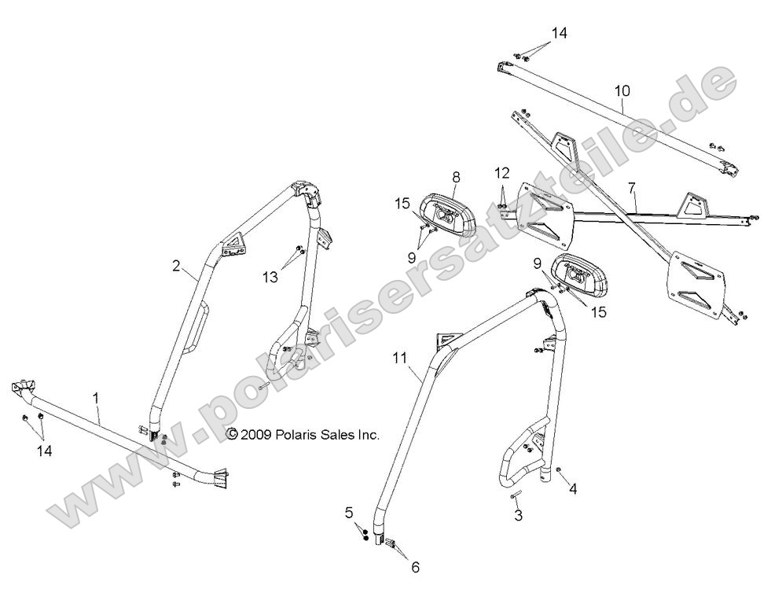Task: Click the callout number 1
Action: click(x=97, y=399)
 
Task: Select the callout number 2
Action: click(x=177, y=266)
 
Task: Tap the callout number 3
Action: click(x=518, y=515)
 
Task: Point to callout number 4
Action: click(x=574, y=489)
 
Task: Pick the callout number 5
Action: click(x=350, y=514)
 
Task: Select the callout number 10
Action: click(x=622, y=90)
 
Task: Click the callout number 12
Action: click(x=502, y=171)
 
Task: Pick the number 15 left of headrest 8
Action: click(x=403, y=204)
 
